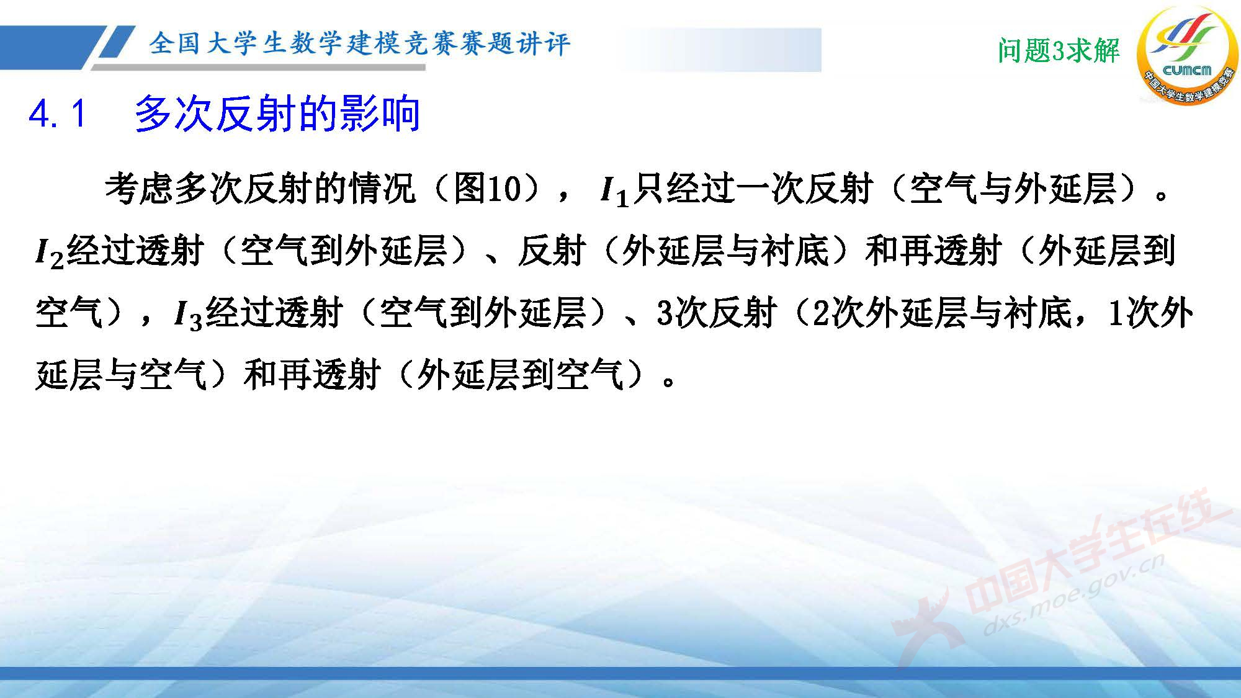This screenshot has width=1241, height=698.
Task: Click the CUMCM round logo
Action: pyautogui.click(x=1186, y=56)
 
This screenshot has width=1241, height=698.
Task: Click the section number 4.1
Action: pyautogui.click(x=57, y=114)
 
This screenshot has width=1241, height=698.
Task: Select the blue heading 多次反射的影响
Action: pyautogui.click(x=277, y=114)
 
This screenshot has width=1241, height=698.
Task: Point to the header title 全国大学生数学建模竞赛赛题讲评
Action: pyautogui.click(x=359, y=43)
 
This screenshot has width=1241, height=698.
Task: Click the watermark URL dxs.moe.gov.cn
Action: pyautogui.click(x=1073, y=596)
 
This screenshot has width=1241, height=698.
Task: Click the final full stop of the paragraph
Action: pyautogui.click(x=668, y=381)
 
